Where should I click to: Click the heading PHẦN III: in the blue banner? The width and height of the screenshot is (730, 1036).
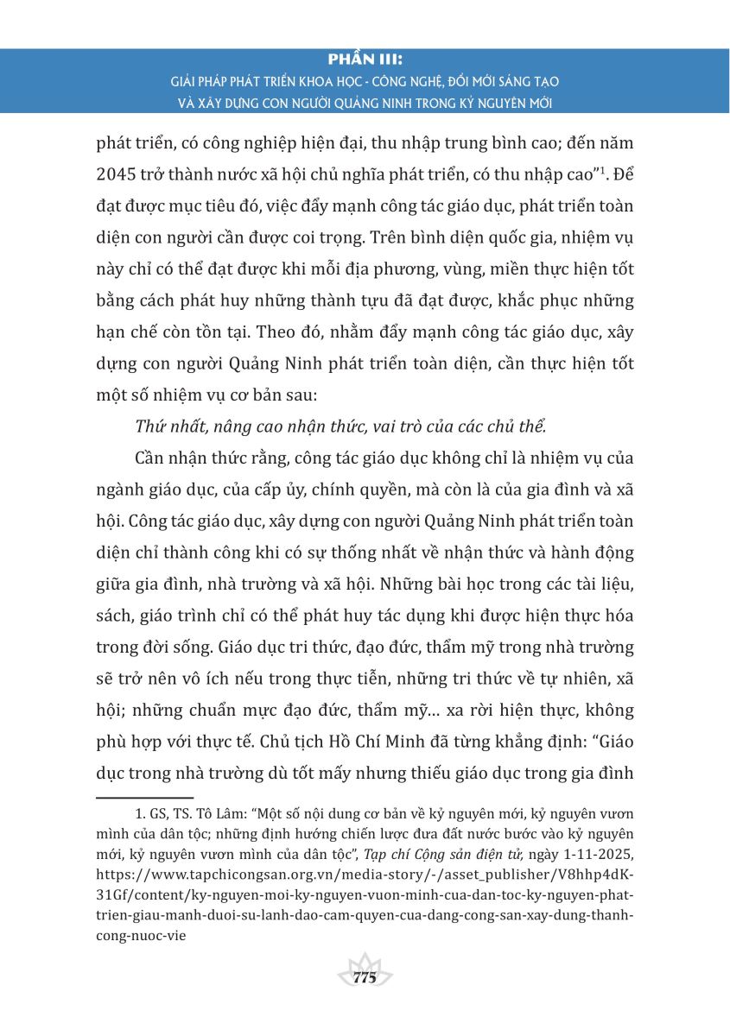[365, 62]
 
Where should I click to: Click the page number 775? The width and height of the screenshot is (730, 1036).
[365, 978]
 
